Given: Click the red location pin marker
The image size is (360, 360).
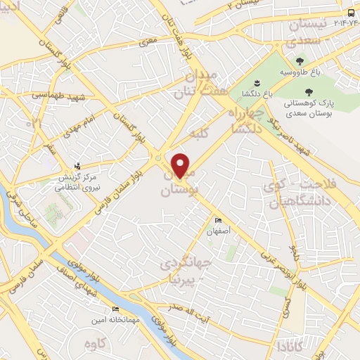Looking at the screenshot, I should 181,165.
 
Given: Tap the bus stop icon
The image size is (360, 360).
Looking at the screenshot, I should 352,13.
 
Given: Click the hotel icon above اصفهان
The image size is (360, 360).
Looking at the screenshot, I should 217,219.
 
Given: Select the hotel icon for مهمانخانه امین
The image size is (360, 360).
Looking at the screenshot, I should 115,309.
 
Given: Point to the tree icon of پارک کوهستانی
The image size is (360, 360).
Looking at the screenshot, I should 309,91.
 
